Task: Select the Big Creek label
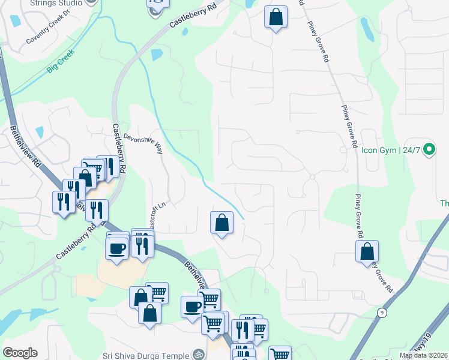point(62,62)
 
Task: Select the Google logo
point(20,353)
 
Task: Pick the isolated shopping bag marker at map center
point(221,223)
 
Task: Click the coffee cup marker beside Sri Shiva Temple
point(193,307)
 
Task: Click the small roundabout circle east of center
point(312,177)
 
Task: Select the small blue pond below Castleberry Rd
point(157,55)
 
